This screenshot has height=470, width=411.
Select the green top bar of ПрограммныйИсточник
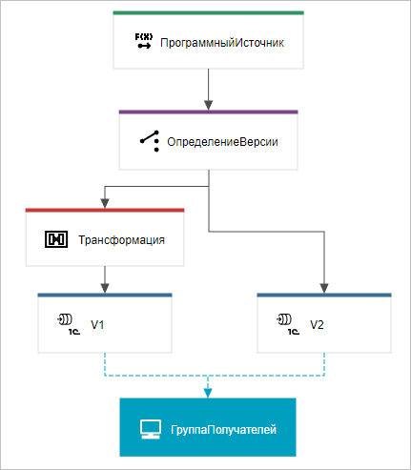209,13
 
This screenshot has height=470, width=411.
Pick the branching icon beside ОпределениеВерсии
149,140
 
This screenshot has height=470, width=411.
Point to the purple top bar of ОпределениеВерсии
209,112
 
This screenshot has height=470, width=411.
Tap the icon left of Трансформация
58,238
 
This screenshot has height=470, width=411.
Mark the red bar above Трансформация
105,211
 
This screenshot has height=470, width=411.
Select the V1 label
97,324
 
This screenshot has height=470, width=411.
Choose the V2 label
318,324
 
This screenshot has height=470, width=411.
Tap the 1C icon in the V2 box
286,323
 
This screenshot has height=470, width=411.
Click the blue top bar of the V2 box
325,296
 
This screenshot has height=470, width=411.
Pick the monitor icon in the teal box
149,430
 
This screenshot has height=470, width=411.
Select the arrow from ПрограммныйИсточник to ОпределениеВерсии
209,90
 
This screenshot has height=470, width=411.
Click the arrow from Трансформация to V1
105,278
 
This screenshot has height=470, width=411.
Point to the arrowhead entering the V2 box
325,288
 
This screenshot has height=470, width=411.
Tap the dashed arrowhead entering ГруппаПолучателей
209,391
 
